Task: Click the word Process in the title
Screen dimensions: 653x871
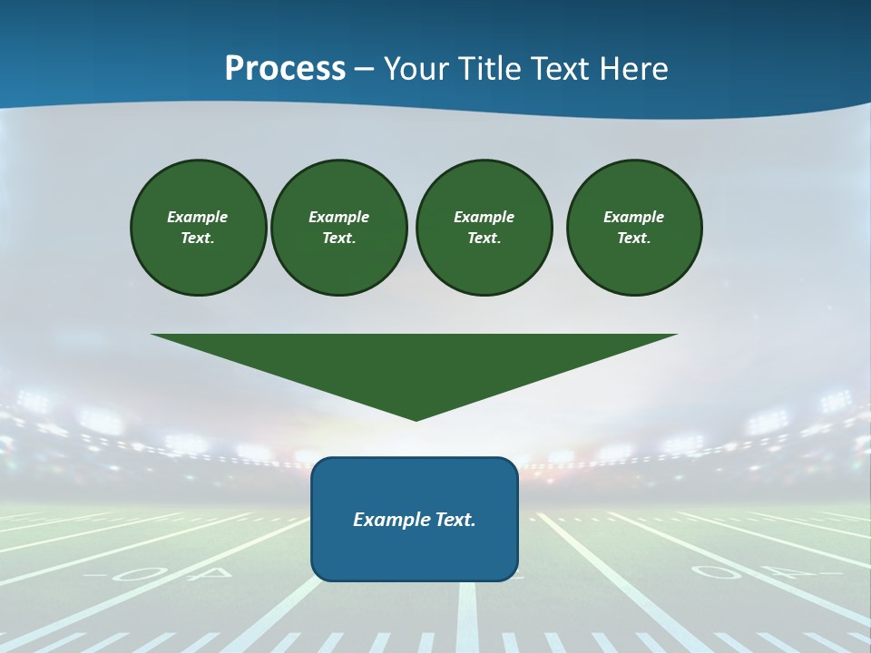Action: pos(285,69)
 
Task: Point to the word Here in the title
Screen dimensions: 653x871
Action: pos(632,69)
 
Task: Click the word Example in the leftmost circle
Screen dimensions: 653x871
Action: pos(198,217)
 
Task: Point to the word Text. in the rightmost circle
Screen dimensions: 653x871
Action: pos(634,239)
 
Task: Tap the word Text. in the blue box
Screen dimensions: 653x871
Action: pos(455,520)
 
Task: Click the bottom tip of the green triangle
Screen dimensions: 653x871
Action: pos(416,419)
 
